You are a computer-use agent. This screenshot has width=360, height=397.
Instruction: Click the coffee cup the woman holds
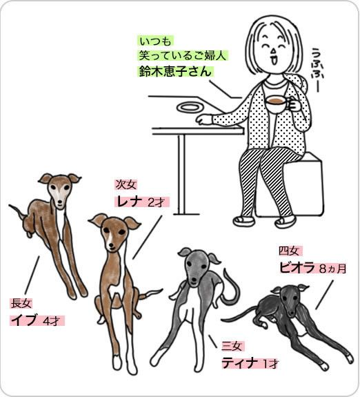[x=277, y=104]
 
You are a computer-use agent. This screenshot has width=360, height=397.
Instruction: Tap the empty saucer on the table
[x=190, y=108]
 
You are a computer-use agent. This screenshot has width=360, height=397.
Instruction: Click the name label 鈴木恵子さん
[x=174, y=71]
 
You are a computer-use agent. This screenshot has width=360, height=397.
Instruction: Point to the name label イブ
[x=24, y=320]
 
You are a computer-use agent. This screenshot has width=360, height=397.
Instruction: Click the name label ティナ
[x=240, y=362]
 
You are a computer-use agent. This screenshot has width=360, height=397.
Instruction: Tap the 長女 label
[x=21, y=303]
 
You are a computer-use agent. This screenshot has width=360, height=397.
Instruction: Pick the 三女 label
[x=232, y=346]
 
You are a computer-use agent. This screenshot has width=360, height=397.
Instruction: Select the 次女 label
[x=126, y=184]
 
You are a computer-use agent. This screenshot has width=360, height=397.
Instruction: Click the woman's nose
[x=274, y=51]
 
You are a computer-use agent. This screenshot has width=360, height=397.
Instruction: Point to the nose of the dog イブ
[x=60, y=202]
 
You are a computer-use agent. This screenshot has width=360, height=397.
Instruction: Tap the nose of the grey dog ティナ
[x=194, y=280]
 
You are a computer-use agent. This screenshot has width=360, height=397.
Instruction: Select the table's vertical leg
[x=181, y=174]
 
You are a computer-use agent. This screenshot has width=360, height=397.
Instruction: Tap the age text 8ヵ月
[x=332, y=269]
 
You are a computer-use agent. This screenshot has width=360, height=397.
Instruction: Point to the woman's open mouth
[x=274, y=61]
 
